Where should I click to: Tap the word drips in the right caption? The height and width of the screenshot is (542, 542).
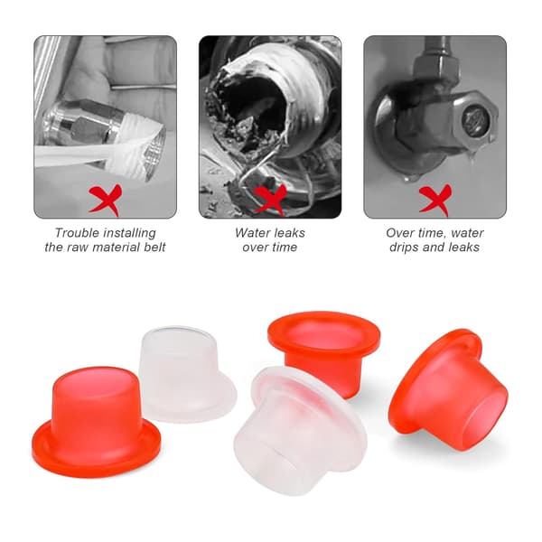[x=402, y=248]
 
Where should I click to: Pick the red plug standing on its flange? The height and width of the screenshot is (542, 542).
[x=96, y=423]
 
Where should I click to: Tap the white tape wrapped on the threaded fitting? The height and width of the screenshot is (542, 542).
[x=133, y=145]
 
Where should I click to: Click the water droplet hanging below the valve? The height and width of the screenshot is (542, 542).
[x=471, y=156]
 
